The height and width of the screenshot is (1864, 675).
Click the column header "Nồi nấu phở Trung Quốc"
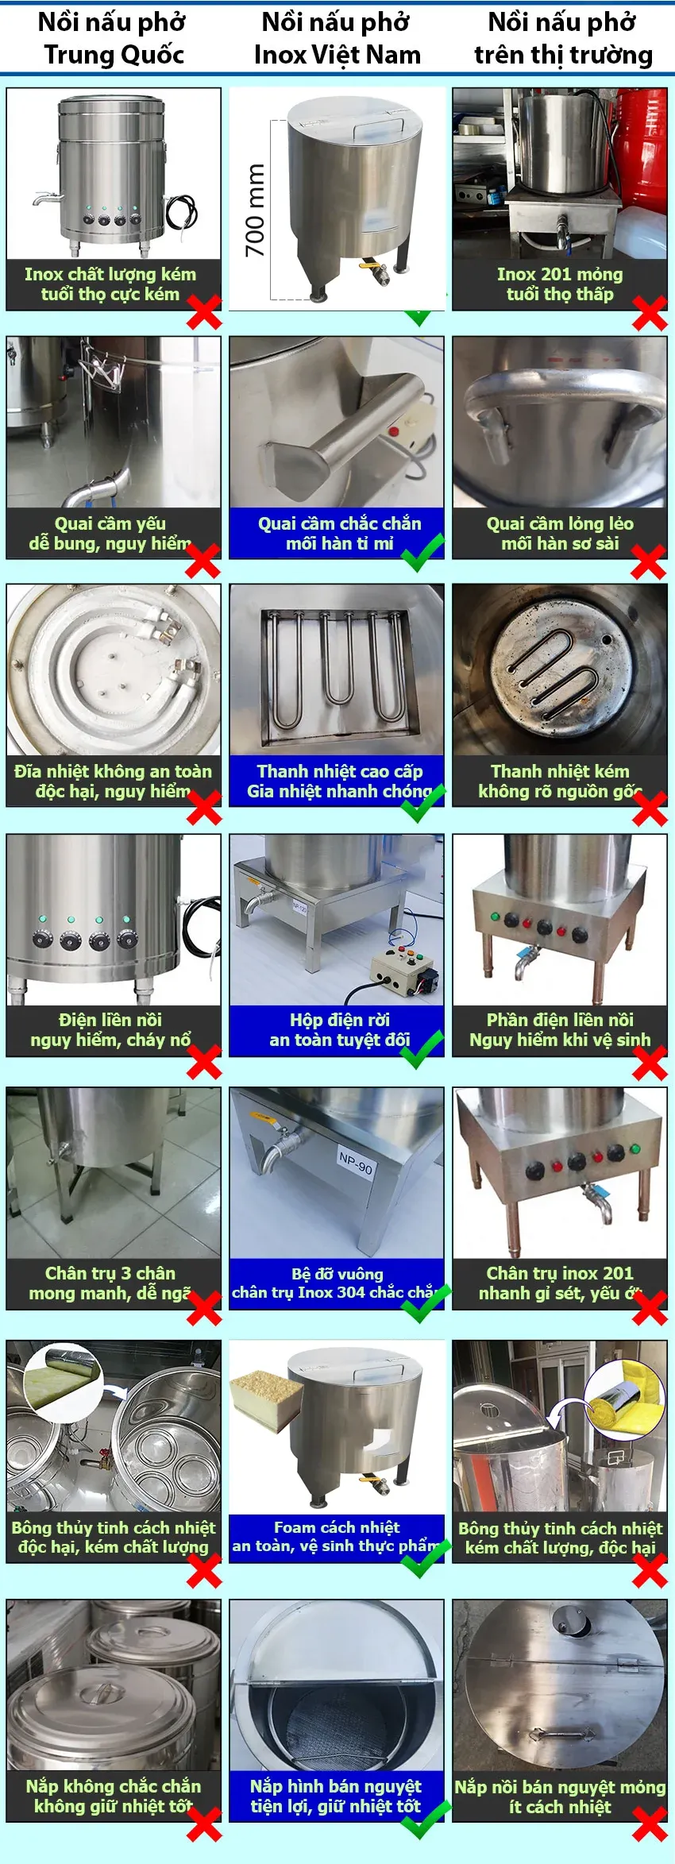[x=113, y=38]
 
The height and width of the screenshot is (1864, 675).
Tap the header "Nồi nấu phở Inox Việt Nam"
[x=337, y=38]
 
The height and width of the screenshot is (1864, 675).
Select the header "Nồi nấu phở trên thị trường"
[x=563, y=38]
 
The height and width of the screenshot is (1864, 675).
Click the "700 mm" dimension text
[x=254, y=210]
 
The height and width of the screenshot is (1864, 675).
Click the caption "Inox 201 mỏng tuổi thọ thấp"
[x=560, y=284]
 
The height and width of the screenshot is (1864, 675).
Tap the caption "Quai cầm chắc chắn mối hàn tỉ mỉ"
[x=339, y=533]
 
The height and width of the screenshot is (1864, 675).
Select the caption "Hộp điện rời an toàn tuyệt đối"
[x=339, y=1029]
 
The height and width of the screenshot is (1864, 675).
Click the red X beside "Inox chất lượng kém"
[x=204, y=312]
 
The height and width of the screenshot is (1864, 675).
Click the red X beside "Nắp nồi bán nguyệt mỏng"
[x=650, y=1823]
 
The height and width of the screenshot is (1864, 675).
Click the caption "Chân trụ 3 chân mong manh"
[x=110, y=1283]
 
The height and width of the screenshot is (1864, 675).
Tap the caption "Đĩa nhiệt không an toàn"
[x=113, y=781]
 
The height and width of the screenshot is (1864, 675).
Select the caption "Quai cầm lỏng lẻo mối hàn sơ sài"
[x=560, y=533]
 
